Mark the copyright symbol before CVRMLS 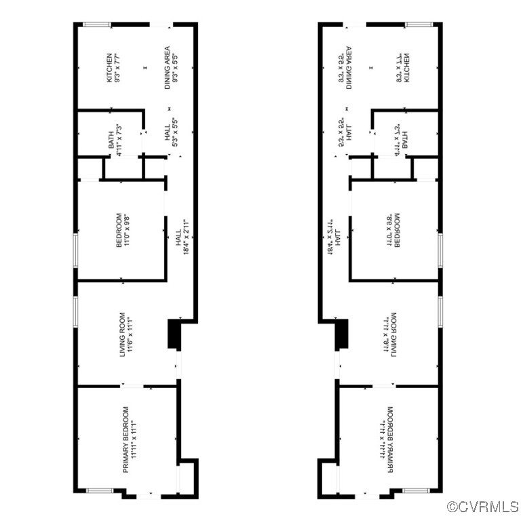[x=452, y=507]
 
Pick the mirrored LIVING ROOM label [x=390, y=334]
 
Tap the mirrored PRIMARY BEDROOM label [x=387, y=439]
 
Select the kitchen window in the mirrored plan [x=418, y=26]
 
